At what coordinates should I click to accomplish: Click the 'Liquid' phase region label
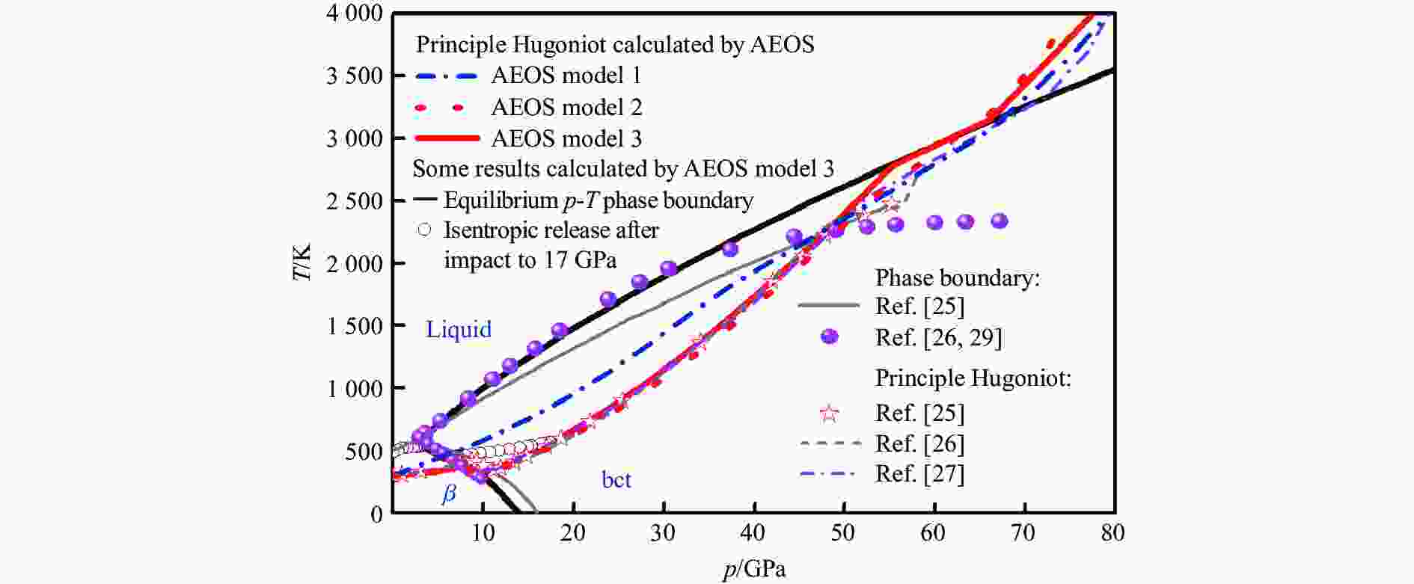[459, 329]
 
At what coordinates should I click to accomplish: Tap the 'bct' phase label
[616, 479]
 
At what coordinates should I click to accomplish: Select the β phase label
[449, 494]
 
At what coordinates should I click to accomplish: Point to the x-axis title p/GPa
[754, 570]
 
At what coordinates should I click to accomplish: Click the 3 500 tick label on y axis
[355, 76]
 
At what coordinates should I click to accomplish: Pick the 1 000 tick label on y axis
[355, 389]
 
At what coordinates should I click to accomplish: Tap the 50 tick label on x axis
[843, 532]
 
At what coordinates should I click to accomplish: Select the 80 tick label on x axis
[1113, 532]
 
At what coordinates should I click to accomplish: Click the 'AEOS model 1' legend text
[566, 76]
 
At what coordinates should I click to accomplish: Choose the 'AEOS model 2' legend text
[566, 107]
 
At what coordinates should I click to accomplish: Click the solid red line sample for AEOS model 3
[447, 138]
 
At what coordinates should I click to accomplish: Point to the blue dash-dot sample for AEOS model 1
[447, 76]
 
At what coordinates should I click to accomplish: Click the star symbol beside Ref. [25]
[829, 413]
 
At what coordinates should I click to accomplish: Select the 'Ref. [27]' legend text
[919, 474]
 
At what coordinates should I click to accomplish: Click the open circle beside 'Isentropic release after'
[425, 230]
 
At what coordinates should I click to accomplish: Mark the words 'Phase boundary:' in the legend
[958, 278]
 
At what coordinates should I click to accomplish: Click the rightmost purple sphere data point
[1000, 221]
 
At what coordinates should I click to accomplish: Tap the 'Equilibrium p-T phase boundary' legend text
[599, 200]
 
